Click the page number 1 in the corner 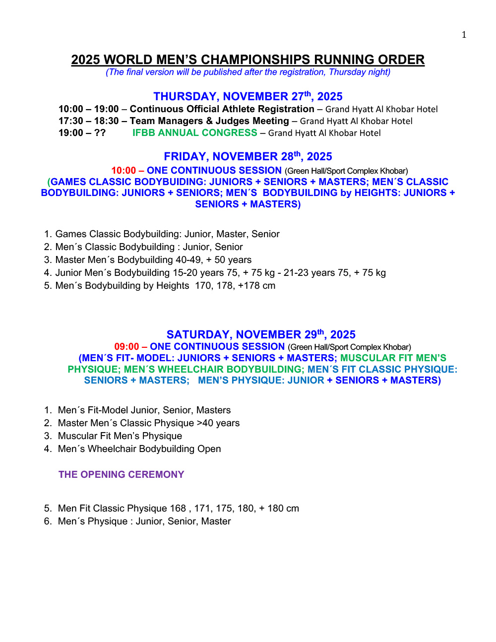464,35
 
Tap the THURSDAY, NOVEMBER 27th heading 248,96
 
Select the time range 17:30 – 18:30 89,121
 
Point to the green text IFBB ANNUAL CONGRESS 194,133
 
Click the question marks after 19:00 100,133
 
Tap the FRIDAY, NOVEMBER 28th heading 248,157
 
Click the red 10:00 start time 124,171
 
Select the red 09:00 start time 126,347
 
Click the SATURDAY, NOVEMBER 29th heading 261,334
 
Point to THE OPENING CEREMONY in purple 121,474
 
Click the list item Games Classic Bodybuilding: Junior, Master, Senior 167,234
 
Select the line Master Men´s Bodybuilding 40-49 153,260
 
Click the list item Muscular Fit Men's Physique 120,436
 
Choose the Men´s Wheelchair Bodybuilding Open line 139,449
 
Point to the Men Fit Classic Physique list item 178,509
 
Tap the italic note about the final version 248,72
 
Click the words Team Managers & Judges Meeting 209,121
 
